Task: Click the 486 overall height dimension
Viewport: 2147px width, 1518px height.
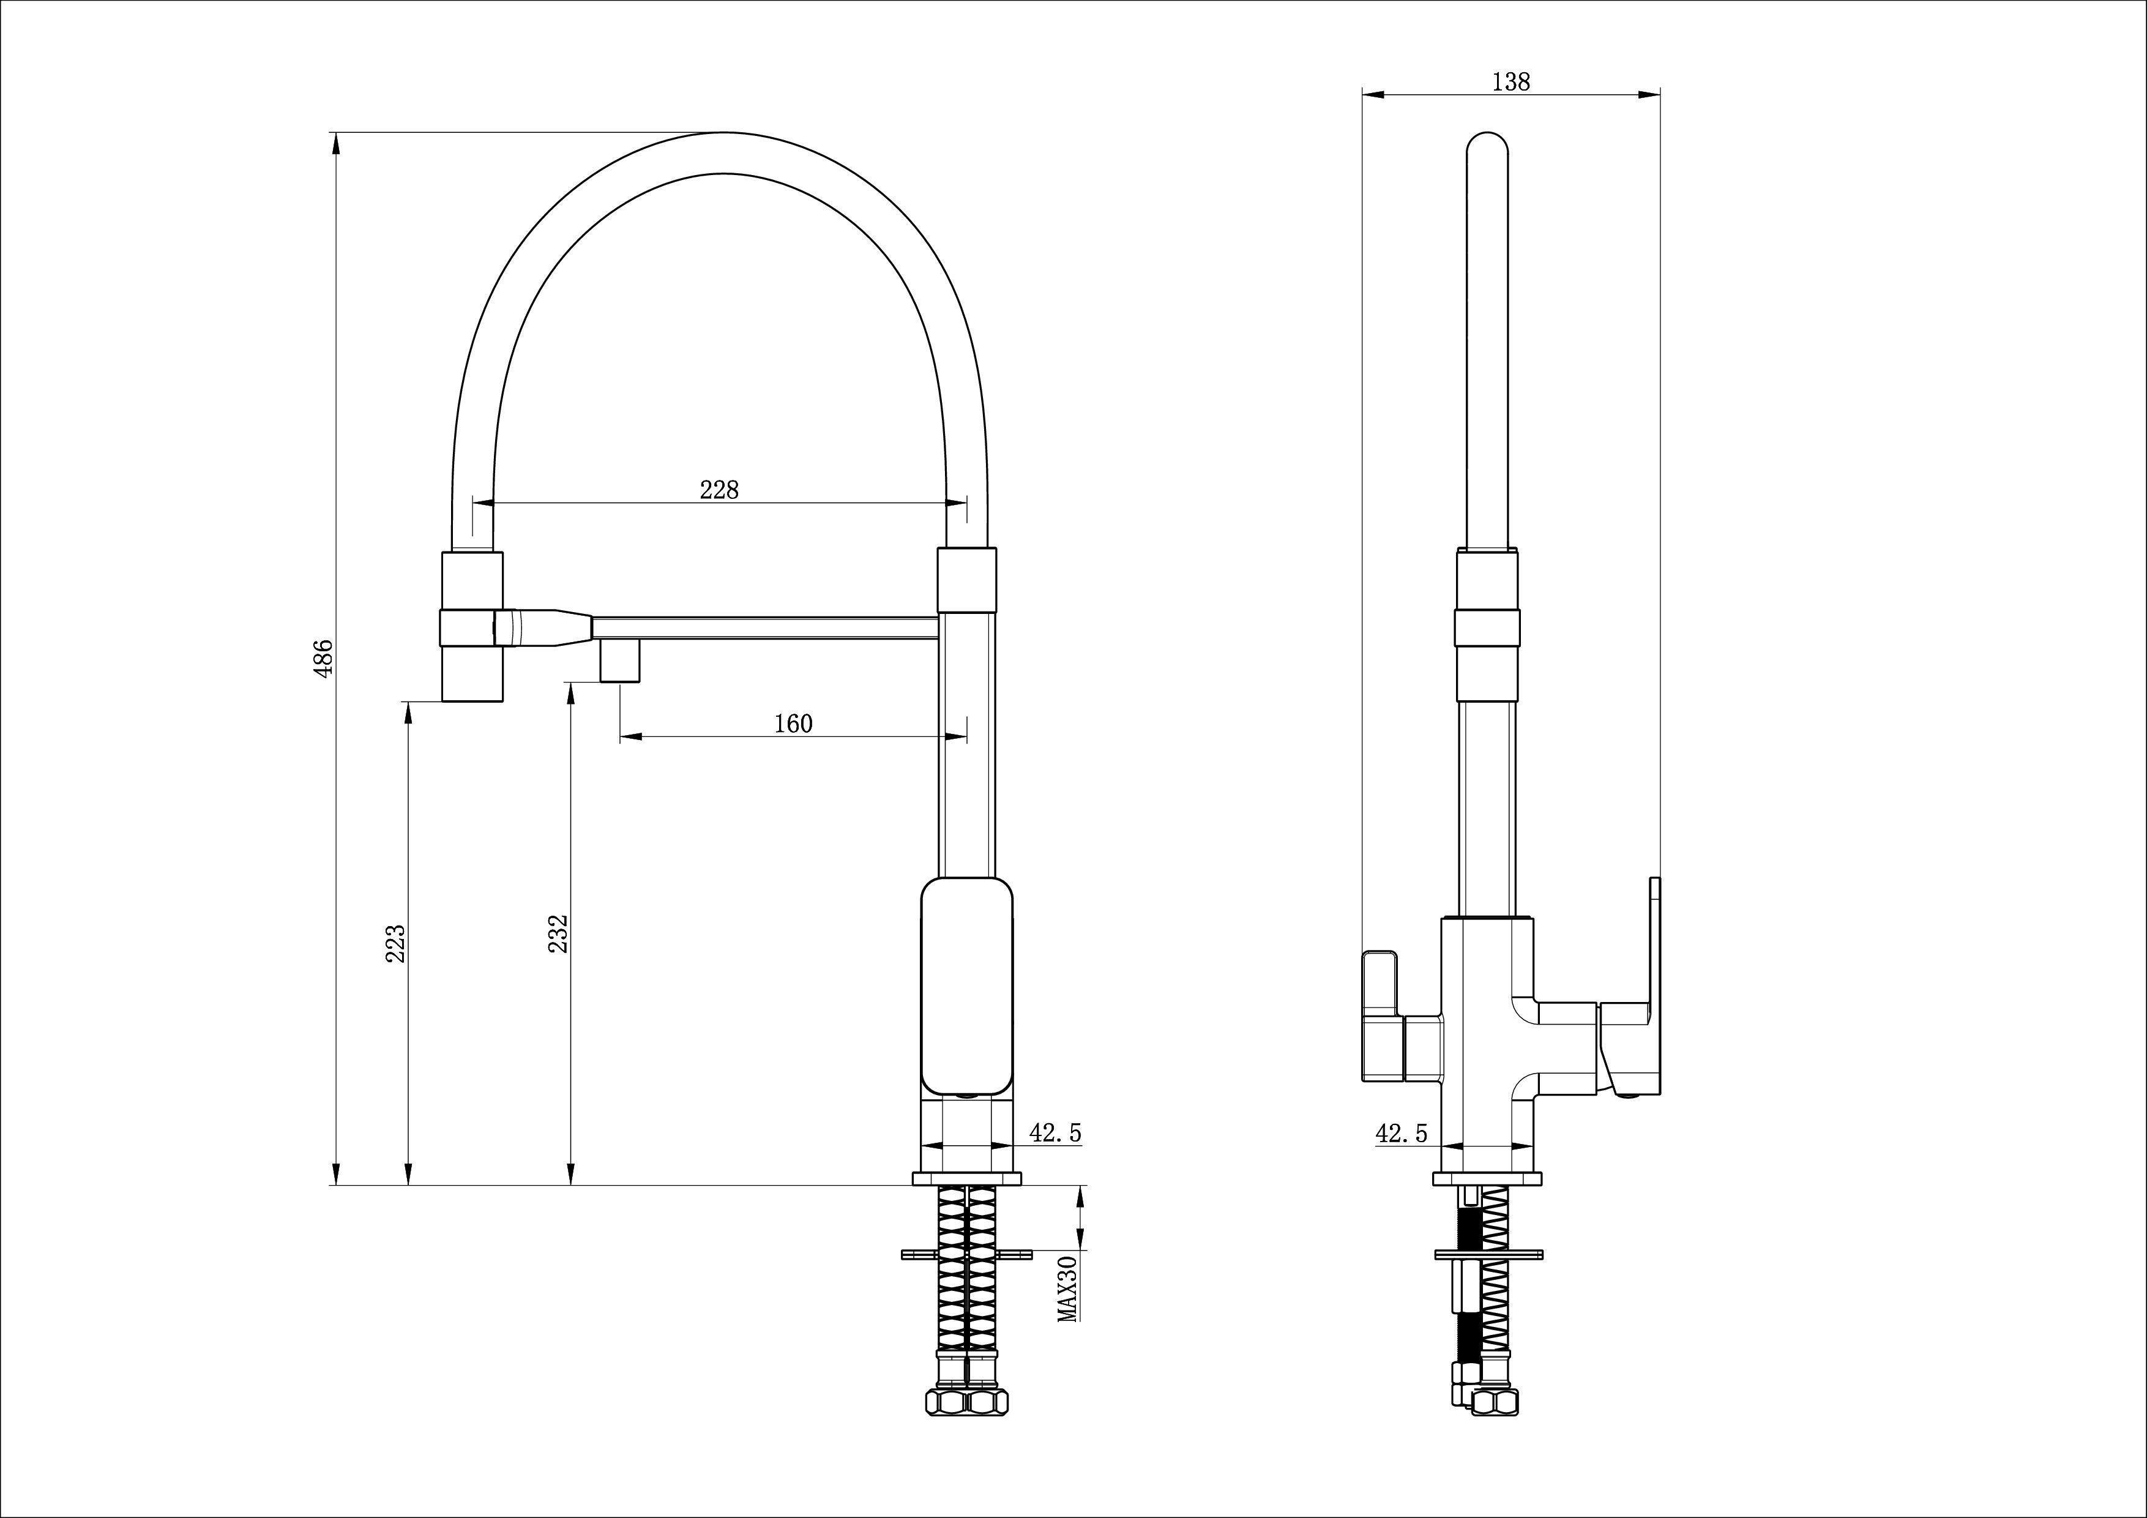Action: [x=324, y=659]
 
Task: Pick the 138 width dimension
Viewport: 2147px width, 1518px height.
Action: [x=1511, y=82]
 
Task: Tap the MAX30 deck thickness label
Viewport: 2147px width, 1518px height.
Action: [x=1068, y=1289]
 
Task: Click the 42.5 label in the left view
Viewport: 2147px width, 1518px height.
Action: [x=1055, y=1132]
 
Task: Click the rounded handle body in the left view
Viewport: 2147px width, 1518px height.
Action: [x=967, y=987]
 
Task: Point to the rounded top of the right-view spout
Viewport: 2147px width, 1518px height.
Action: [x=1487, y=149]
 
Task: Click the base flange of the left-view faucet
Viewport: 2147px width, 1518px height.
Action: [x=967, y=1178]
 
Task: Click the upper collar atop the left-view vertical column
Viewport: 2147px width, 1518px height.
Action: [x=967, y=580]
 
